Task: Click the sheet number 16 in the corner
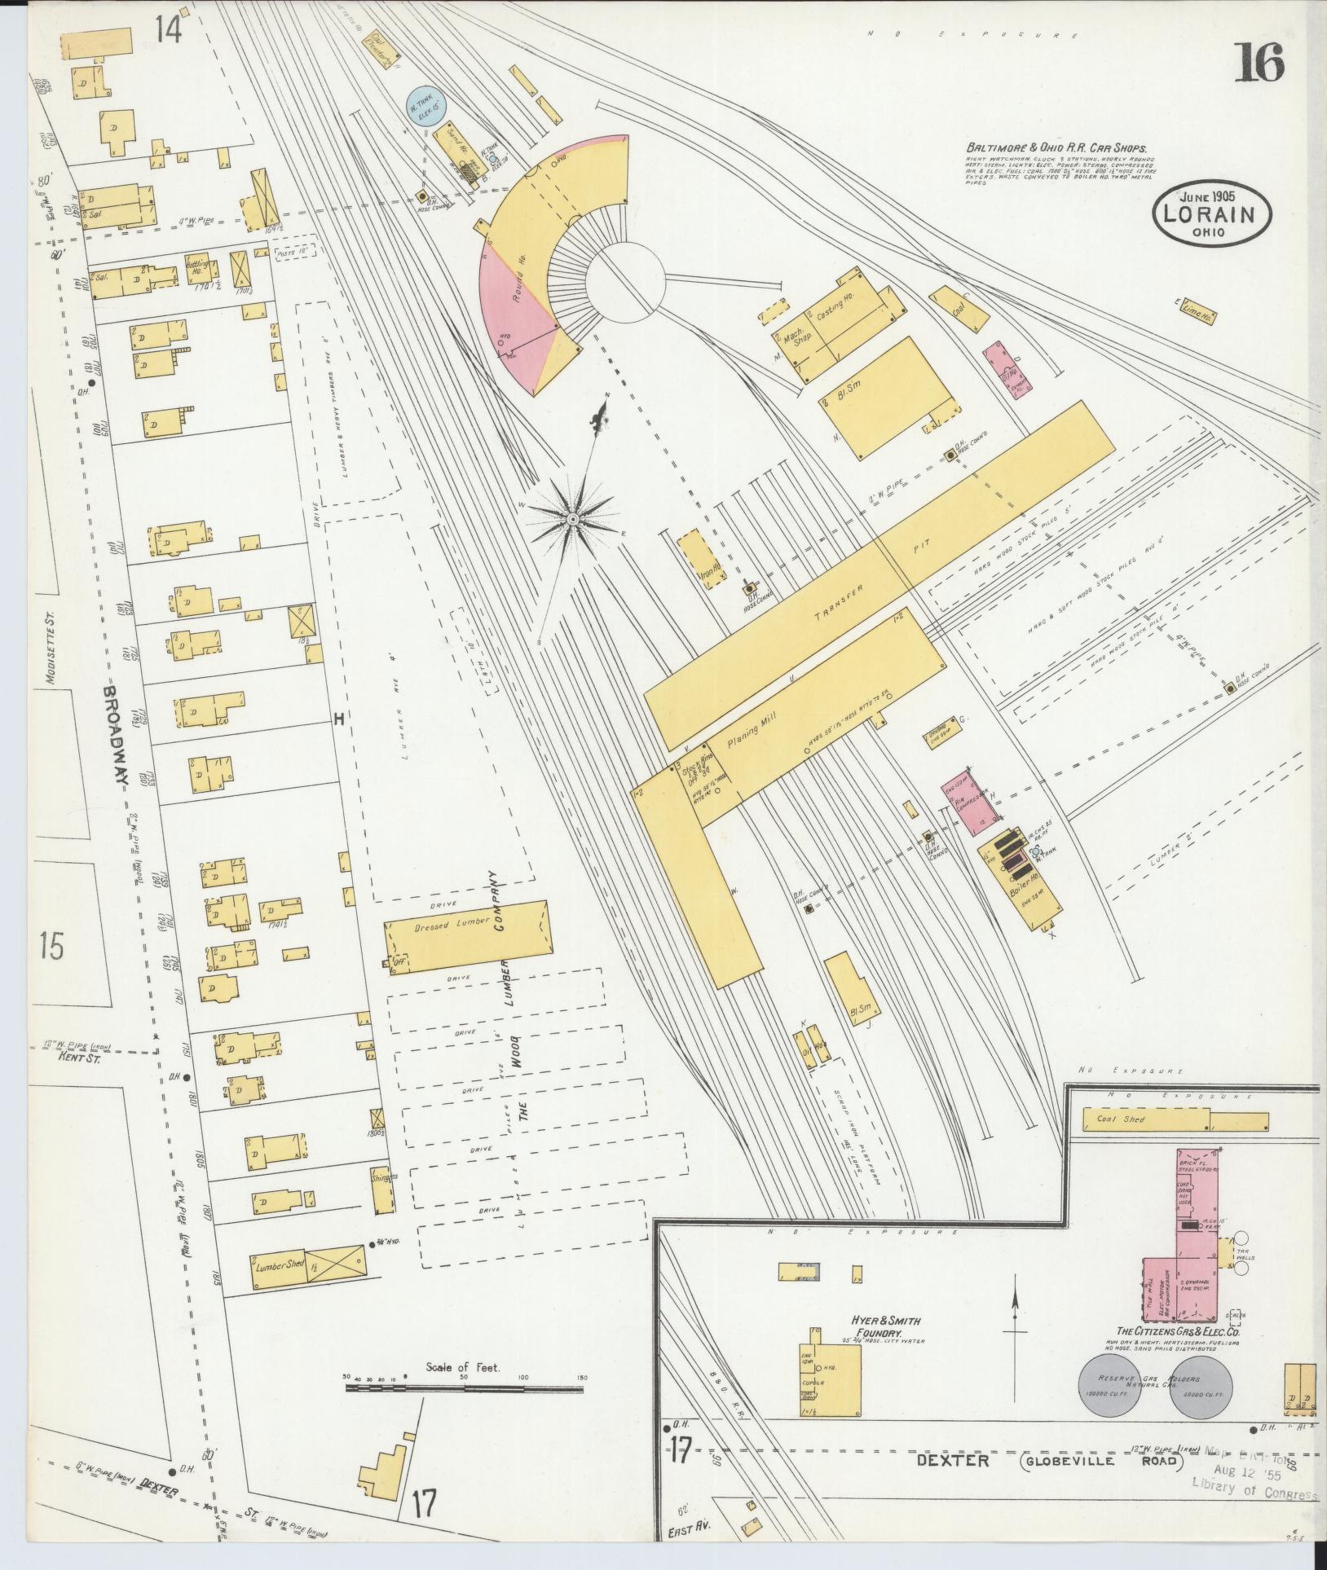(x=1259, y=64)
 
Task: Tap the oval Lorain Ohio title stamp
(x=1212, y=216)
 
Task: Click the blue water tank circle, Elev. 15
(x=424, y=107)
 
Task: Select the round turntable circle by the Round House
(x=625, y=284)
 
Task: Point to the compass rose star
(x=573, y=518)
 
